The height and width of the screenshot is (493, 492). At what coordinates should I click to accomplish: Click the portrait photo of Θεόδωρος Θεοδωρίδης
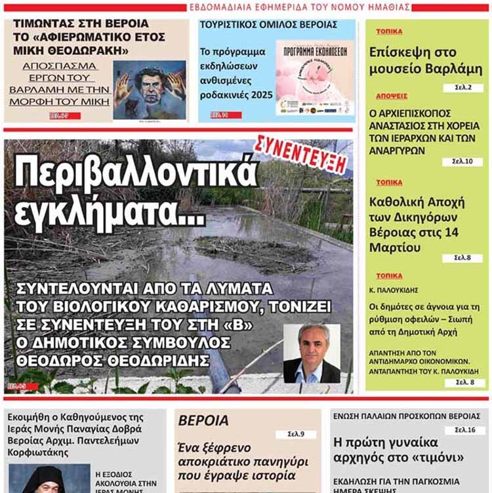[312, 354]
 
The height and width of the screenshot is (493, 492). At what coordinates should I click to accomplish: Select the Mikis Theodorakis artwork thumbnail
[149, 90]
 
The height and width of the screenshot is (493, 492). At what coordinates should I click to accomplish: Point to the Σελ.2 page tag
[462, 87]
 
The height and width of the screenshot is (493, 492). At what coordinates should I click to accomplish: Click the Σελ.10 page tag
[462, 162]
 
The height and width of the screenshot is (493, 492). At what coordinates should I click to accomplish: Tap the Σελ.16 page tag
[465, 431]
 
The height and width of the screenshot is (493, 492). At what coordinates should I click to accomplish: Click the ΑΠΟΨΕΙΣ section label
[392, 96]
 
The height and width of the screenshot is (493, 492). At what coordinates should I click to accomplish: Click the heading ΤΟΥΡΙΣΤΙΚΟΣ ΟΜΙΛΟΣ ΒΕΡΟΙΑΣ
[268, 24]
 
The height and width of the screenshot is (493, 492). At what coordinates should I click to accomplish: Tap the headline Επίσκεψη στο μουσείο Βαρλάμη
[426, 61]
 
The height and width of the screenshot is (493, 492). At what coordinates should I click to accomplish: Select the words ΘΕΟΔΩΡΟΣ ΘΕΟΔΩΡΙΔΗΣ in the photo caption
[115, 360]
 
